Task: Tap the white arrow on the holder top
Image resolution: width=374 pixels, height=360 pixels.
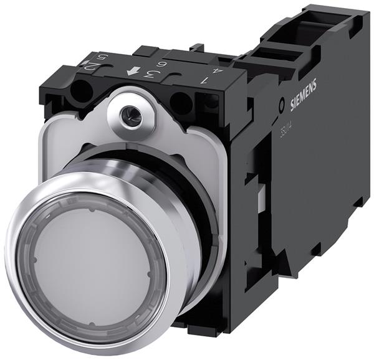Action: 132,72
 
